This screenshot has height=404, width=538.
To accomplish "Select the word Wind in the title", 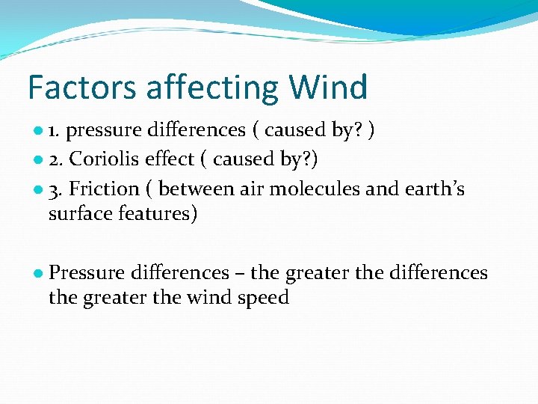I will coord(329,88).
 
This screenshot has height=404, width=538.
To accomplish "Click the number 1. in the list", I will coord(55,131).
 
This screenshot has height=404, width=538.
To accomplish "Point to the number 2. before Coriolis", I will coord(55,159).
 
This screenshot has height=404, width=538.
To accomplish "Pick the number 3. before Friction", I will coord(55,189).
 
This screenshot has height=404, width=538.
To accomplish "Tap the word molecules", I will coord(315,189).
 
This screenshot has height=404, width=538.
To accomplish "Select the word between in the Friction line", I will coord(197,189).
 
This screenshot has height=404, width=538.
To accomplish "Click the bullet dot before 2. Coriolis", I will coord(37,160).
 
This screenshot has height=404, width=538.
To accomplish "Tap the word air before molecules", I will coord(252,189).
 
